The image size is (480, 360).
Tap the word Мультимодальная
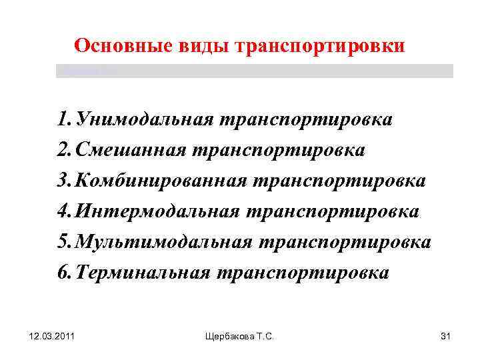(x=164, y=242)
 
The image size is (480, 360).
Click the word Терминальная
(x=143, y=273)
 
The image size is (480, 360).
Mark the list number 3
(x=63, y=181)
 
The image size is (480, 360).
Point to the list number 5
(x=63, y=242)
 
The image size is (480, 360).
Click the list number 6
(x=63, y=273)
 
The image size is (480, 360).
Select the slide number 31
(x=446, y=339)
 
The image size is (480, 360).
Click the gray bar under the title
(x=254, y=71)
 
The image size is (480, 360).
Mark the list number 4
(x=63, y=211)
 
